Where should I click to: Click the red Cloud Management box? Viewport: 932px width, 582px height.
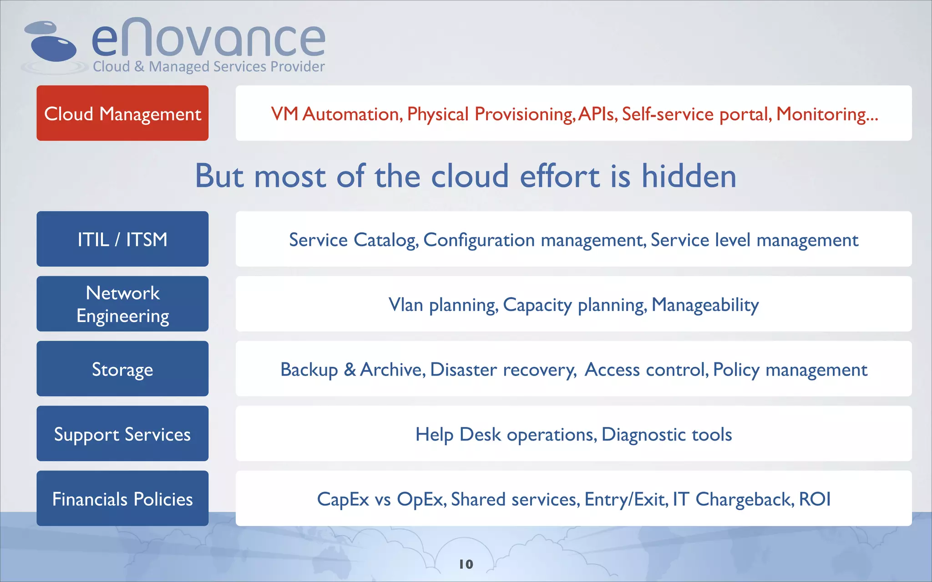tap(122, 113)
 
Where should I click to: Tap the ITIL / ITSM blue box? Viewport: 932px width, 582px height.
tap(122, 239)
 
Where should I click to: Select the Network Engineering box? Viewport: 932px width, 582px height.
tap(122, 304)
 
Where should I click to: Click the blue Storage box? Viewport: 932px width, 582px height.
tap(122, 369)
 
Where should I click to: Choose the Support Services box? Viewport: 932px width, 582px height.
tap(122, 434)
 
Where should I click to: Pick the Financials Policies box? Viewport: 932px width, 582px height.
tap(122, 499)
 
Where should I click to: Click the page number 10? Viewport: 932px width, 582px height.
tap(466, 564)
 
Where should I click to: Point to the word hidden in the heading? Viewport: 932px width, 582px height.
tap(689, 176)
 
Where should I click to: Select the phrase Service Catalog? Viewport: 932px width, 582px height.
tap(353, 240)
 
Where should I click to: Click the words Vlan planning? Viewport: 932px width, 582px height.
tap(442, 305)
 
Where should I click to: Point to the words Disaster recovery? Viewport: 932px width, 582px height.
tap(503, 370)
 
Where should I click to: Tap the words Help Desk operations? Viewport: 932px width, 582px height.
tap(505, 435)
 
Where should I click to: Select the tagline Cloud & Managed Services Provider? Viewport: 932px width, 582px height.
tap(208, 67)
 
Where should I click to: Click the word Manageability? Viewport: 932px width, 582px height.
tap(705, 305)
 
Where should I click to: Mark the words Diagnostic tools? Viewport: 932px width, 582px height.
tap(667, 435)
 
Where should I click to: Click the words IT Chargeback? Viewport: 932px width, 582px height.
tap(733, 499)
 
